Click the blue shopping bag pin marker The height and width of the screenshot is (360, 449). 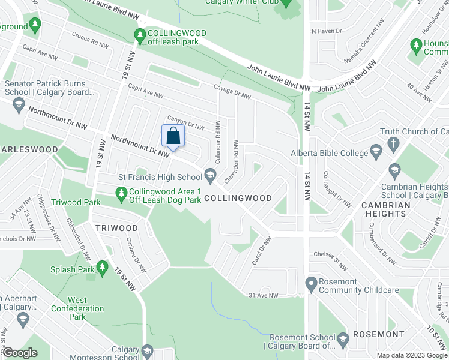point(172,136)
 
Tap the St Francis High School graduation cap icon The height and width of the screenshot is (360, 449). point(210,176)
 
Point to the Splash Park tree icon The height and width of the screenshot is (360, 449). point(103,266)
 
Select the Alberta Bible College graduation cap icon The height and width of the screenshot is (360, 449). point(376,150)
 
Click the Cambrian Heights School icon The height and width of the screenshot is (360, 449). point(394,170)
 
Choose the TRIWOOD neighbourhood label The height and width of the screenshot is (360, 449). point(116,228)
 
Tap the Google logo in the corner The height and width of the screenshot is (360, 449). point(20,353)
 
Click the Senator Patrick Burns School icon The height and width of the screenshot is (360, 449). point(18,106)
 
